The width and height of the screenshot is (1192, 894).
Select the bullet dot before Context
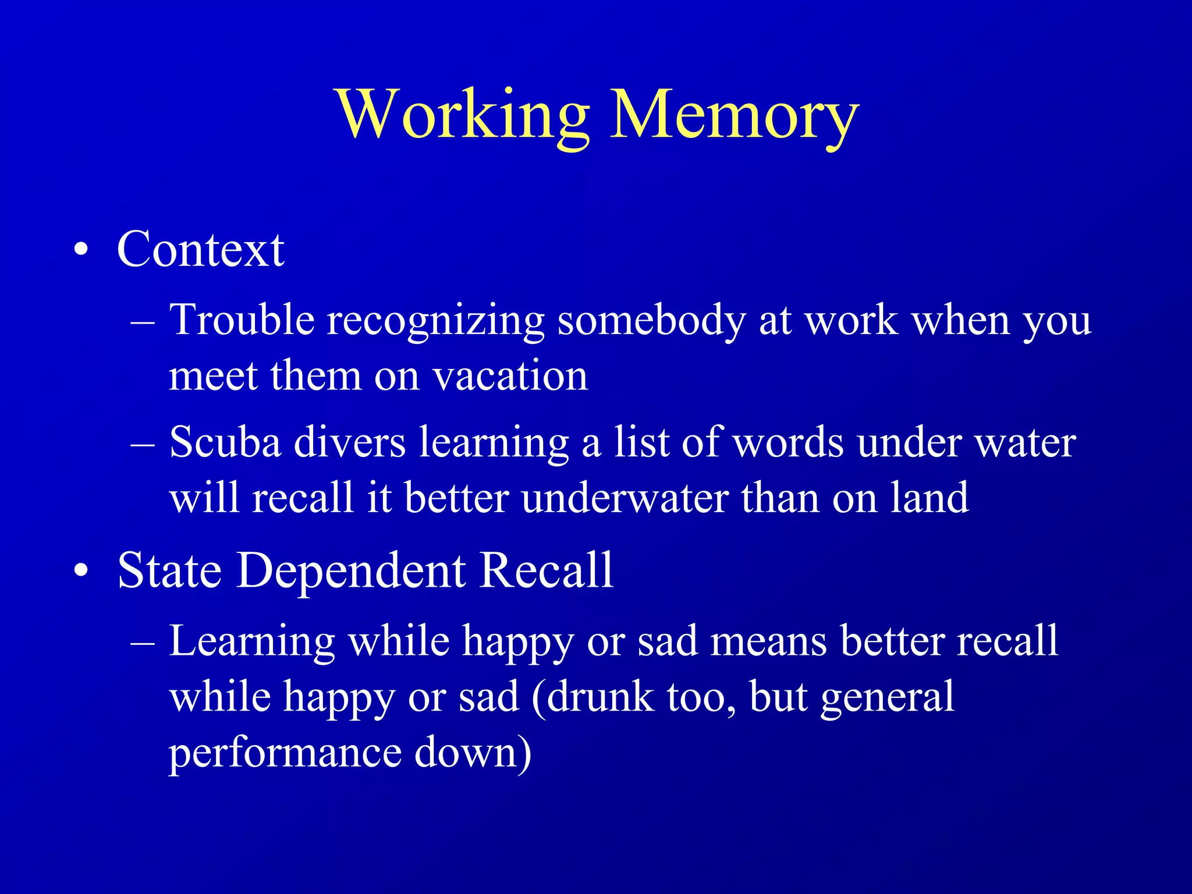[x=81, y=250]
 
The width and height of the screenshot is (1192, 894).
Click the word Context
[x=200, y=250]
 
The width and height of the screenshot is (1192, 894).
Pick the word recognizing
[x=435, y=321]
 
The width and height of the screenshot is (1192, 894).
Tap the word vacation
[x=510, y=376]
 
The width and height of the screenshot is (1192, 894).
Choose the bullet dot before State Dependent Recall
[x=81, y=571]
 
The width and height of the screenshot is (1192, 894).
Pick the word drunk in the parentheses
[x=600, y=697]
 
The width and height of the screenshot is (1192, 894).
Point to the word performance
[x=285, y=754]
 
